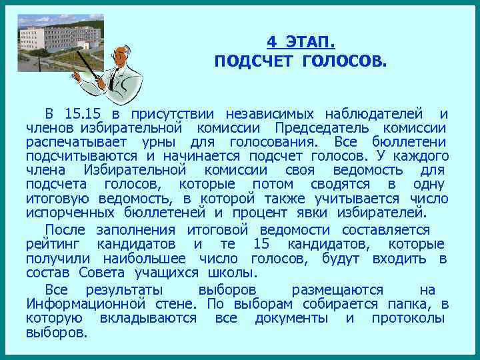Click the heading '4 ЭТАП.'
click(301, 42)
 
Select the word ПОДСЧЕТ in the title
click(254, 62)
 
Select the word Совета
click(101, 273)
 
